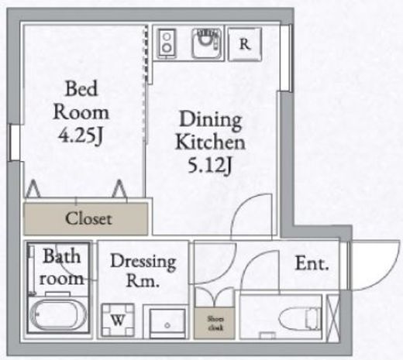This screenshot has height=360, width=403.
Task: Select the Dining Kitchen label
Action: tap(210, 131)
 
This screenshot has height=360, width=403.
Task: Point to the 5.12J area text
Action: tap(210, 166)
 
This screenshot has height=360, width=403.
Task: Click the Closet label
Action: tap(88, 218)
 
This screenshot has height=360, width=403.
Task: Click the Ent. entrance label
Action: tap(312, 263)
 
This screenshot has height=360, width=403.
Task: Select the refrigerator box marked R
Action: tap(244, 44)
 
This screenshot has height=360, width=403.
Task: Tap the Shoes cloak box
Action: tap(213, 321)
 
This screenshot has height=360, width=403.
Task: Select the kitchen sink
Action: tap(205, 46)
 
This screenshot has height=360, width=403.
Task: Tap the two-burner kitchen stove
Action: tap(168, 45)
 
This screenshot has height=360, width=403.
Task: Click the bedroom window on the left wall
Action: tap(13, 142)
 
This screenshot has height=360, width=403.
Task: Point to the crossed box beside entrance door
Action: tap(333, 318)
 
